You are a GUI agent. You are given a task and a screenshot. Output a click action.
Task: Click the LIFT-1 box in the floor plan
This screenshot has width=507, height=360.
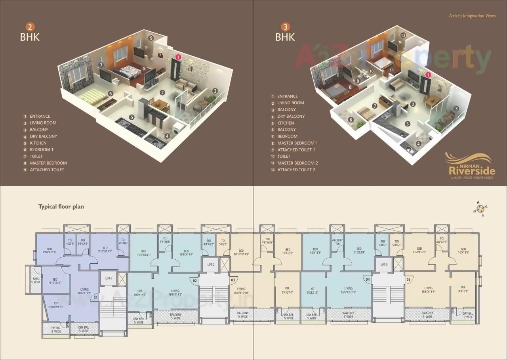click(109, 279)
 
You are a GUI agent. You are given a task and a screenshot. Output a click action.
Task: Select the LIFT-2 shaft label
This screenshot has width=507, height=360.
click(211, 265)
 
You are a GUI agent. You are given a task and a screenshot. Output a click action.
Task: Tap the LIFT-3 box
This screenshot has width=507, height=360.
click(384, 265)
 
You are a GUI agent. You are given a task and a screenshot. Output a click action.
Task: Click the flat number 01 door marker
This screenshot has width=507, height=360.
click(95, 296)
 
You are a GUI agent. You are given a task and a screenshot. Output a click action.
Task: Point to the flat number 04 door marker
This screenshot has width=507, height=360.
click(368, 280)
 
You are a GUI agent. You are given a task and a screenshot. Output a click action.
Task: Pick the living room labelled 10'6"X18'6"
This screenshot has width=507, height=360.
click(84, 291)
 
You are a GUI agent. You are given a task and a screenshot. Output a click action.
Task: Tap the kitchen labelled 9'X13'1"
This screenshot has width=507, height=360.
click(463, 289)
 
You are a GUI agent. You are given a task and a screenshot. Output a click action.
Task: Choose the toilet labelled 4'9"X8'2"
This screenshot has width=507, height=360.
click(208, 243)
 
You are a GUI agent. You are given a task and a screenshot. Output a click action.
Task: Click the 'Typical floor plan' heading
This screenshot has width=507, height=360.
click(61, 207)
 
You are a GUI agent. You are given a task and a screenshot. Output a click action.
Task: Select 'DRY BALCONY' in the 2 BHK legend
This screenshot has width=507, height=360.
click(43, 136)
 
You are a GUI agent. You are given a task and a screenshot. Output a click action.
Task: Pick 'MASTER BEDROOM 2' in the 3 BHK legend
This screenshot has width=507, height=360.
click(297, 163)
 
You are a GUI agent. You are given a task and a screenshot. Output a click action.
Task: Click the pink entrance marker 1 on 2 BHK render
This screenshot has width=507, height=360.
click(179, 57)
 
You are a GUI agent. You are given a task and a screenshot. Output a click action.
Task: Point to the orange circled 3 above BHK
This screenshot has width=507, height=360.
click(285, 27)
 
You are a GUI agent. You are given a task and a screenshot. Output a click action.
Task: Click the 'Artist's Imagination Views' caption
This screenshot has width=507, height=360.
click(472, 16)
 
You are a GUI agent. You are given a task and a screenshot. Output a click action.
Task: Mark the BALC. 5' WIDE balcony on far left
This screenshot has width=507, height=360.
click(36, 280)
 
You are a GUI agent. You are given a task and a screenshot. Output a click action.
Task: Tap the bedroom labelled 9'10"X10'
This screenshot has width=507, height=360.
click(55, 281)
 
